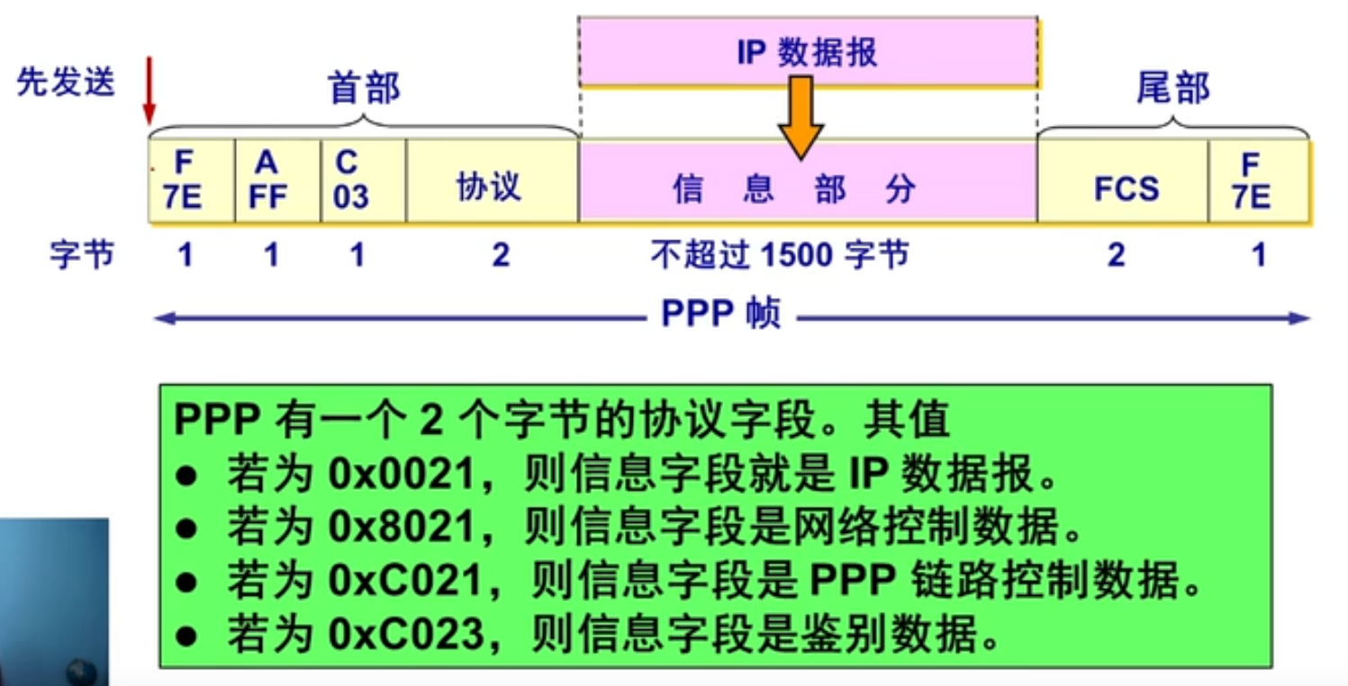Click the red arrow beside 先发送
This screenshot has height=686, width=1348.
(149, 90)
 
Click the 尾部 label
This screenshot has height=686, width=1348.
(1172, 88)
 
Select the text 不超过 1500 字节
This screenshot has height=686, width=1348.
(780, 256)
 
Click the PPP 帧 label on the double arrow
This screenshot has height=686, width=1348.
(720, 315)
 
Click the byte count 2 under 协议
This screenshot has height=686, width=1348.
(500, 256)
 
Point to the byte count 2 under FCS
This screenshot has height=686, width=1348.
(1116, 256)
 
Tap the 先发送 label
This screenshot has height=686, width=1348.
(66, 83)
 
